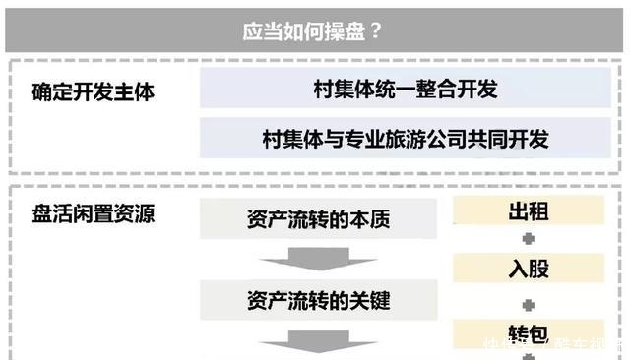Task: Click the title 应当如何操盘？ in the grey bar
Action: [x=313, y=30]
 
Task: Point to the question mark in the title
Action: [x=376, y=30]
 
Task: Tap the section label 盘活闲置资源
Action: [x=94, y=213]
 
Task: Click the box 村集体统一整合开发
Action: [x=406, y=90]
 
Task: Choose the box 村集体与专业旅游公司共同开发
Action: [x=406, y=139]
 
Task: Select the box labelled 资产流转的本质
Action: [x=318, y=218]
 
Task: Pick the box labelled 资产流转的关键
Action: [x=318, y=298]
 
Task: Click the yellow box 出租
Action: [x=529, y=210]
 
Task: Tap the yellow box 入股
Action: [x=529, y=268]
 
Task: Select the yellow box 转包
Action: [x=529, y=332]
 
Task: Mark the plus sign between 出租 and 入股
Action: [x=529, y=239]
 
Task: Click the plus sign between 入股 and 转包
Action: [x=529, y=299]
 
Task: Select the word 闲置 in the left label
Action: [x=94, y=213]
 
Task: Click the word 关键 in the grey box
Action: [x=369, y=298]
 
